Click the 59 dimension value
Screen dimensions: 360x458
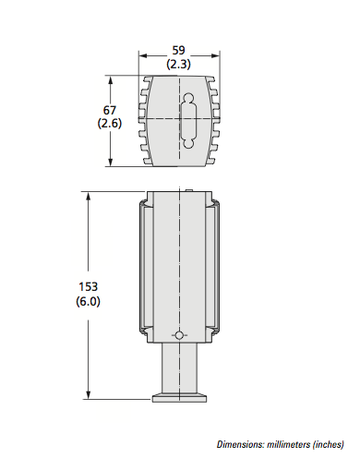pyautogui.click(x=178, y=50)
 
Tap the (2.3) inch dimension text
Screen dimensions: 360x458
pyautogui.click(x=178, y=65)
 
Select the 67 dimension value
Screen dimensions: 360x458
pyautogui.click(x=110, y=110)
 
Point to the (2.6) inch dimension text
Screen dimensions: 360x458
pyautogui.click(x=110, y=124)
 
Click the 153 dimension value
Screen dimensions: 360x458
pyautogui.click(x=89, y=287)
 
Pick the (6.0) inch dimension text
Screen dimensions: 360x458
pyautogui.click(x=89, y=301)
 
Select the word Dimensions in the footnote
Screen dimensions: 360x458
pyautogui.click(x=241, y=444)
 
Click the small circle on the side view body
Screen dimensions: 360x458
pyautogui.click(x=179, y=335)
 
